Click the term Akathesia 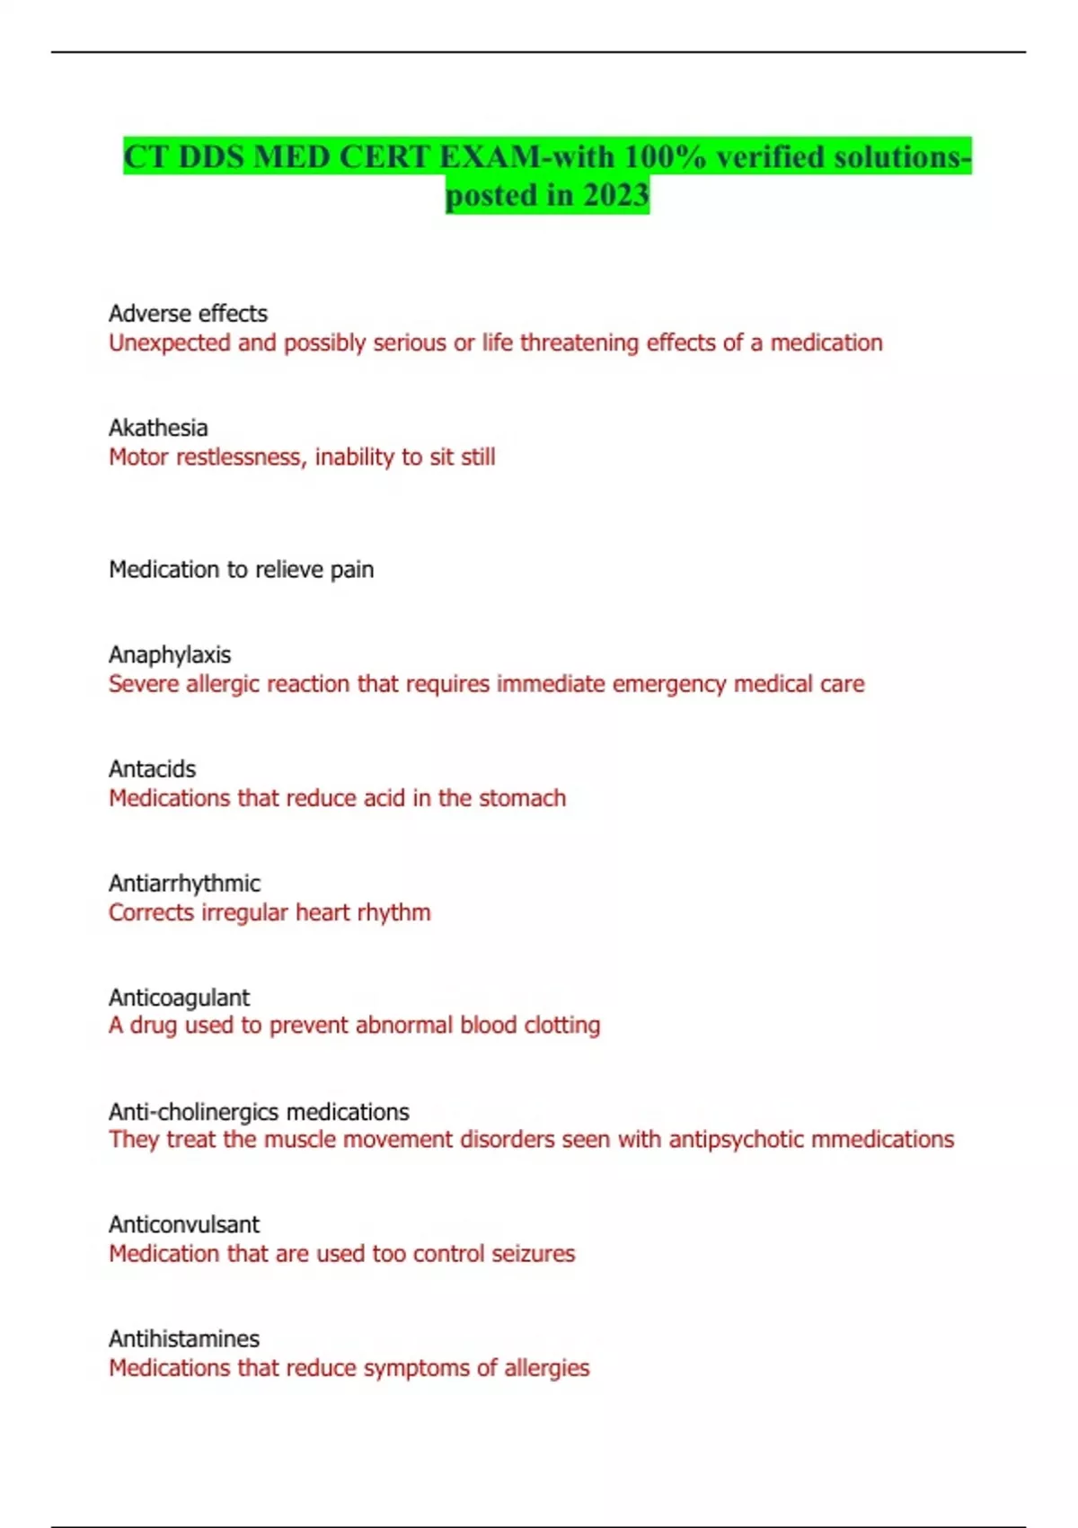pyautogui.click(x=158, y=428)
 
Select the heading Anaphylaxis pyautogui.click(x=170, y=655)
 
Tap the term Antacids pyautogui.click(x=152, y=769)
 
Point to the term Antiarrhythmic pyautogui.click(x=184, y=884)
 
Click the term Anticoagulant pyautogui.click(x=179, y=998)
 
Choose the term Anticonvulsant pyautogui.click(x=184, y=1224)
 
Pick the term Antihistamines pyautogui.click(x=184, y=1338)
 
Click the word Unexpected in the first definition pyautogui.click(x=169, y=343)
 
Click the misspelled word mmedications pyautogui.click(x=881, y=1140)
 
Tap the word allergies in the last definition pyautogui.click(x=546, y=1368)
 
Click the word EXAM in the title pyautogui.click(x=490, y=157)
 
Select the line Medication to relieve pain pyautogui.click(x=241, y=570)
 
